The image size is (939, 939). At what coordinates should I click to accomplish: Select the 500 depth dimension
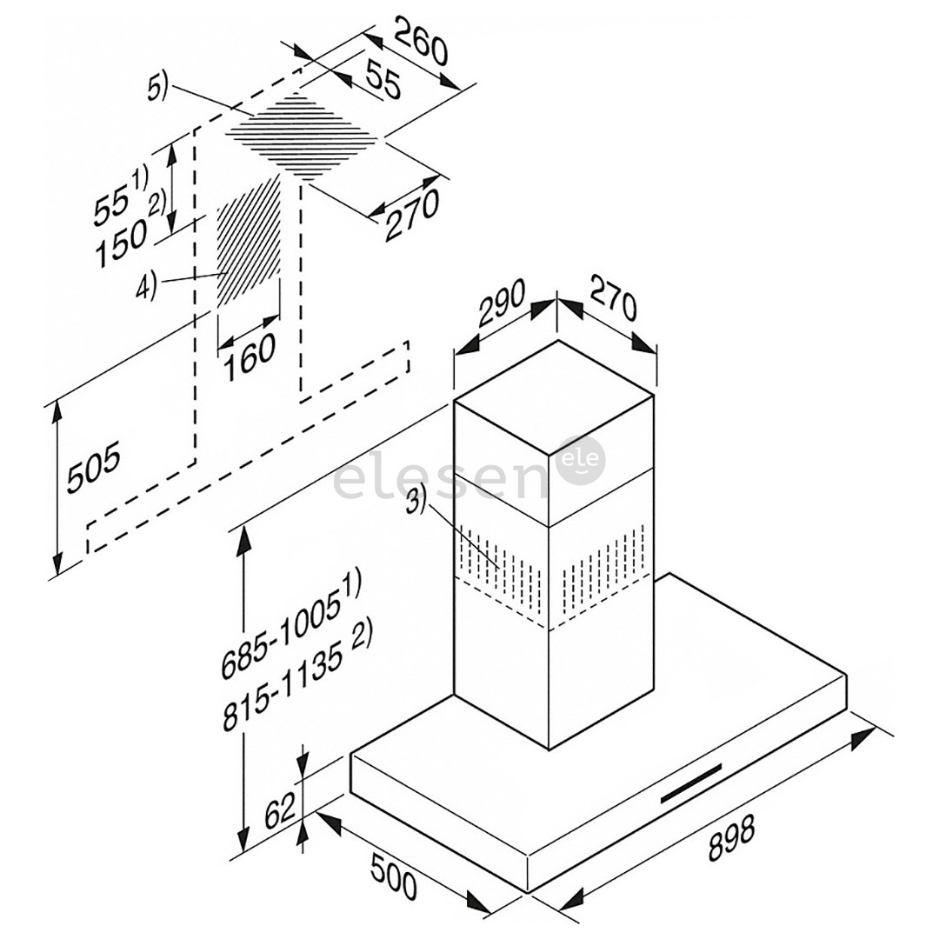click(x=395, y=876)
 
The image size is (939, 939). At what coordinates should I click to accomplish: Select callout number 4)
click(x=145, y=286)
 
